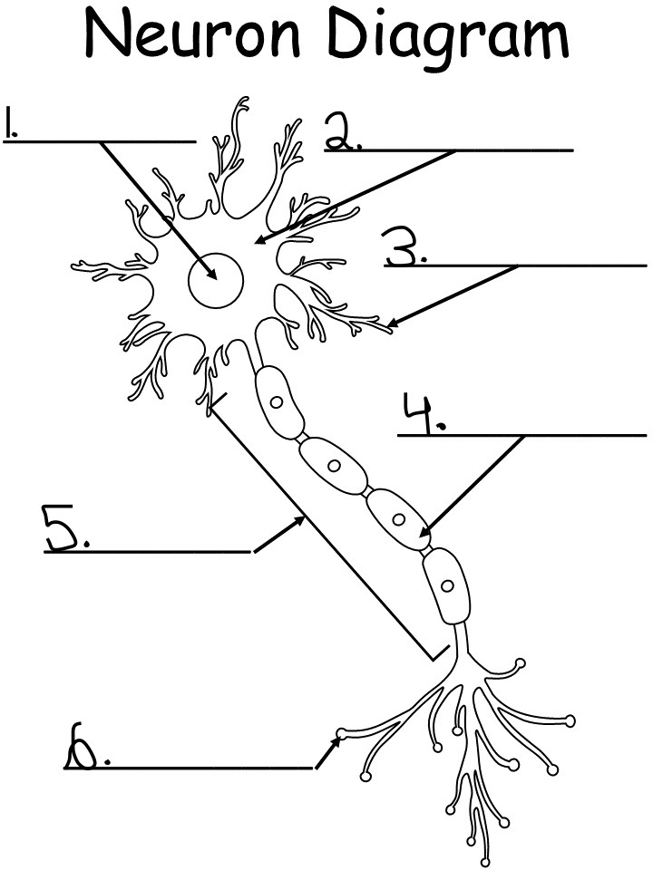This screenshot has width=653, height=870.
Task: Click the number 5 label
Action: [x=63, y=527]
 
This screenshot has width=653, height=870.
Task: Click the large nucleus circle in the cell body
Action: [x=216, y=281]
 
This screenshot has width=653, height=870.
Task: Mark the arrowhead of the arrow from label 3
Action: [x=390, y=324]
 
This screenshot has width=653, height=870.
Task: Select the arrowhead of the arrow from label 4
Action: [x=424, y=535]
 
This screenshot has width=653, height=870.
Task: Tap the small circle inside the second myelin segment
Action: [x=334, y=466]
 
